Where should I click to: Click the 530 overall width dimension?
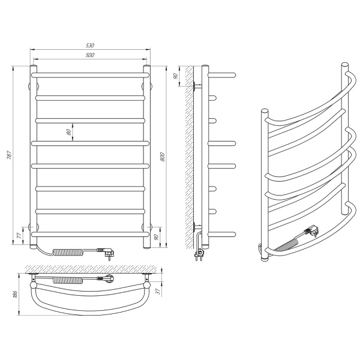(x=90, y=46)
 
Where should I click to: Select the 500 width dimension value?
(x=90, y=55)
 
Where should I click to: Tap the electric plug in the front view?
(x=109, y=253)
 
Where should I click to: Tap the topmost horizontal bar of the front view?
(x=90, y=74)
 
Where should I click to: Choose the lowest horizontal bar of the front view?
(x=90, y=233)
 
